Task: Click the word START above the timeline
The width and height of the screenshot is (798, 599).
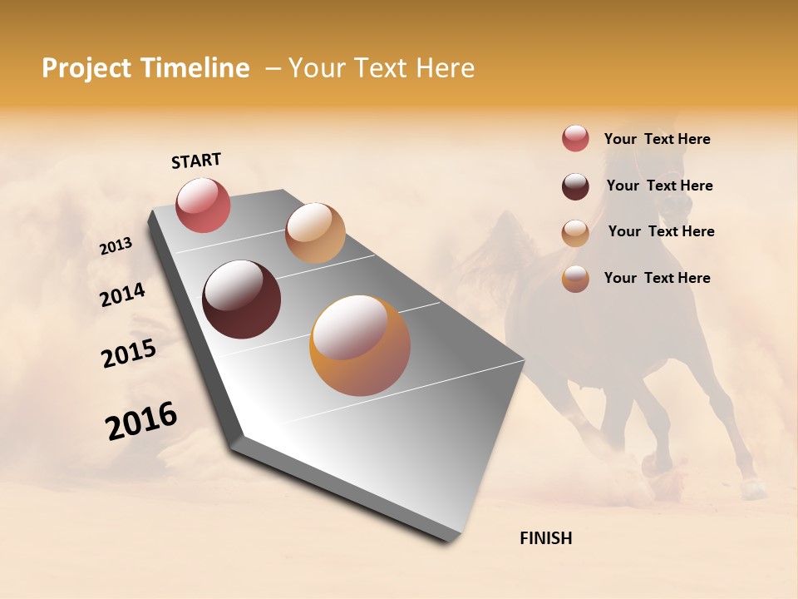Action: pos(196,161)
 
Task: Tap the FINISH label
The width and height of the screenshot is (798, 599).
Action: pos(545,538)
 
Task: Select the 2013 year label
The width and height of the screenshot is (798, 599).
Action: pos(116,246)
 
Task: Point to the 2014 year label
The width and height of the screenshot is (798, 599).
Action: pos(122,295)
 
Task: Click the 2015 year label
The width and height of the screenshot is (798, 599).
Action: pos(129,354)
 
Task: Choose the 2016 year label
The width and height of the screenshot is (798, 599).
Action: pos(141,420)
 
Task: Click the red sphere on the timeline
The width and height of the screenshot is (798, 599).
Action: pos(203,205)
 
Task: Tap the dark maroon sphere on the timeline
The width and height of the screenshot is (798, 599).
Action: pos(241,299)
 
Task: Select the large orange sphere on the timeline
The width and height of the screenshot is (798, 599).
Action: pos(360,345)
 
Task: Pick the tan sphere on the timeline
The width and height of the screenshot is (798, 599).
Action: pos(315,233)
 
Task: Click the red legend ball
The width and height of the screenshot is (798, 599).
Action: pos(575,138)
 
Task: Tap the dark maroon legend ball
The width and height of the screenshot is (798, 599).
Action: pos(575,186)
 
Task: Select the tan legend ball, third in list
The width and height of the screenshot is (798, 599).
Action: pos(575,233)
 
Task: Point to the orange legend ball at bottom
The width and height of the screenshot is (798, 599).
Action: pos(575,279)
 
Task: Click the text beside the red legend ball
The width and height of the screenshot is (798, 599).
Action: pos(657,139)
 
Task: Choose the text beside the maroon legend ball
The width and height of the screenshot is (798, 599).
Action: pos(659,186)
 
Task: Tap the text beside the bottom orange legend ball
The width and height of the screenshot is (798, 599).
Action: pos(657,278)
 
